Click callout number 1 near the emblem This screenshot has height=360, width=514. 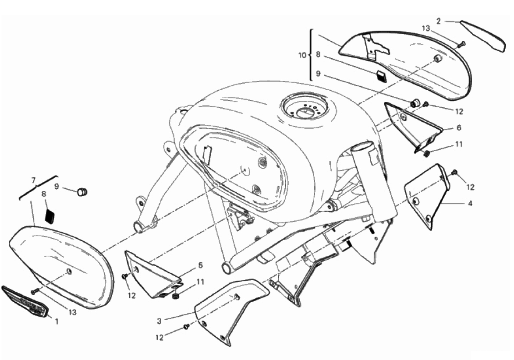(x=57, y=321)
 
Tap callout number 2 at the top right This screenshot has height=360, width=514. (x=439, y=21)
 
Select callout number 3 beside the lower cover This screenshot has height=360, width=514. (x=160, y=321)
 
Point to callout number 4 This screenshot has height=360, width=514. (x=470, y=203)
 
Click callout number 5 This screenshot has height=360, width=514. (x=201, y=265)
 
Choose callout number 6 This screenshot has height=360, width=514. (x=459, y=127)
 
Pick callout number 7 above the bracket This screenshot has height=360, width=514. (x=33, y=180)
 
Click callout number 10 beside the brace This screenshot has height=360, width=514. (x=302, y=55)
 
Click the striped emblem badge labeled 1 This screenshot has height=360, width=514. (x=25, y=301)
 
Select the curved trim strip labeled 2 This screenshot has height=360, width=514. (x=483, y=35)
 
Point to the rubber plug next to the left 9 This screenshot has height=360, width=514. (x=82, y=192)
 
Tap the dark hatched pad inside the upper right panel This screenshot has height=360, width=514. (x=382, y=77)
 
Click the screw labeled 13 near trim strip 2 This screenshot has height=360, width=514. (x=461, y=44)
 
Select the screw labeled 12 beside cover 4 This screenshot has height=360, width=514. (x=454, y=172)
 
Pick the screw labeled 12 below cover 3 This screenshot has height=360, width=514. (x=186, y=326)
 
